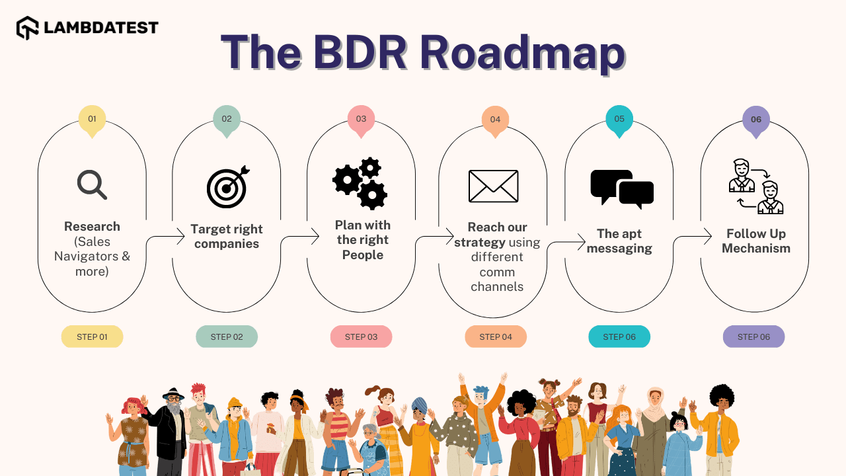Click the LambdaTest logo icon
[x=28, y=28]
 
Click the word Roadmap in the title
[x=521, y=52]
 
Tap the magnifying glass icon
[x=92, y=184]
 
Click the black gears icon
[x=360, y=183]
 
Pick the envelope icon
[x=493, y=186]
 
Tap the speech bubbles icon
[x=621, y=188]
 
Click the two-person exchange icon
[x=755, y=186]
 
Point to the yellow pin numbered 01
[x=92, y=120]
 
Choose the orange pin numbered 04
[x=495, y=121]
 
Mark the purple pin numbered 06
[x=755, y=121]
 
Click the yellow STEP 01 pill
[x=92, y=337]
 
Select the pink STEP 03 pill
[x=361, y=337]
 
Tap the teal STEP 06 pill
[x=619, y=337]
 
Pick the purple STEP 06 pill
[x=753, y=337]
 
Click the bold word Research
[x=92, y=227]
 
